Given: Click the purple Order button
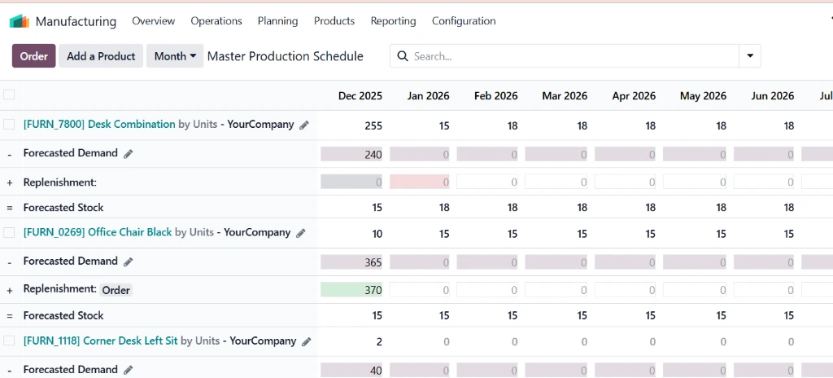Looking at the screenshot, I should click(33, 56).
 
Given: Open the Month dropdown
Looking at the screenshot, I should click(175, 56).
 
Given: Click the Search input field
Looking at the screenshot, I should click(569, 56).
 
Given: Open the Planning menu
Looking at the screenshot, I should click(277, 21).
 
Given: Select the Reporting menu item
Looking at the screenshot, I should click(393, 21).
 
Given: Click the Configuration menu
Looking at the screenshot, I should click(464, 21).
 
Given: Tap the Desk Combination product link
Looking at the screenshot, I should click(99, 125).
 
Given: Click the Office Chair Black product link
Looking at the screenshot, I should click(98, 232).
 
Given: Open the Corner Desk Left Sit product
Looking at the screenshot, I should click(100, 341).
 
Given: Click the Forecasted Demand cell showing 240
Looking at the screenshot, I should click(351, 155).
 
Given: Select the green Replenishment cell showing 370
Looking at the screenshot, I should click(351, 290).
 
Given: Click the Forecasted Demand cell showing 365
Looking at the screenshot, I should click(351, 262).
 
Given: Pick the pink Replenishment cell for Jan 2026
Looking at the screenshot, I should click(420, 182).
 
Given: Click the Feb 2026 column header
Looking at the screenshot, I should click(495, 96).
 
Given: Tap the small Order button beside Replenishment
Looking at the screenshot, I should click(116, 290).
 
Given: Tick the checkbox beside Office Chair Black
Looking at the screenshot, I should click(9, 232).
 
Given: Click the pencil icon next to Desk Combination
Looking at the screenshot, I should click(304, 125).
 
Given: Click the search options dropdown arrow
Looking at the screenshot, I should click(749, 56).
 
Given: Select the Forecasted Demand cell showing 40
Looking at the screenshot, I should click(351, 370).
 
